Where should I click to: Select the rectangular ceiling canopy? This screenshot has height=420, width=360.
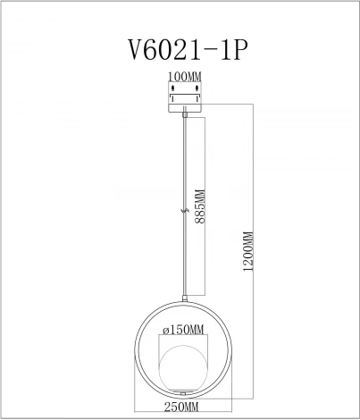pos(183,97)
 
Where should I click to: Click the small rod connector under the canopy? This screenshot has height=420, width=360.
pos(183,111)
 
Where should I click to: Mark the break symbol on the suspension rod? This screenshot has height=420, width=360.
pos(183,211)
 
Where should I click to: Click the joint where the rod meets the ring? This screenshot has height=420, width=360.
pos(183,298)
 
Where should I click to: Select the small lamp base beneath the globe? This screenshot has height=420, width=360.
pos(183,392)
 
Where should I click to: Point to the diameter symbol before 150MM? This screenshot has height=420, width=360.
pos(163,329)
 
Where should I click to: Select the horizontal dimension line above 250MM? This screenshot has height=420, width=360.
pos(183,399)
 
